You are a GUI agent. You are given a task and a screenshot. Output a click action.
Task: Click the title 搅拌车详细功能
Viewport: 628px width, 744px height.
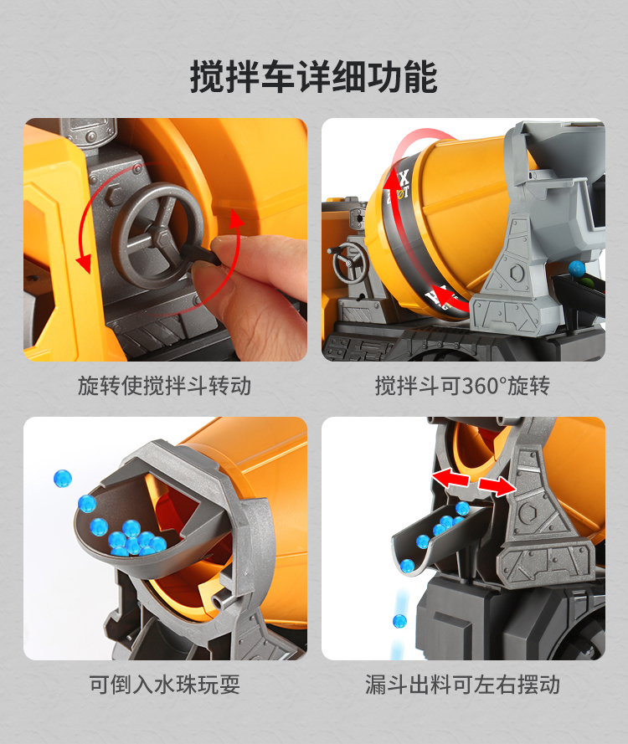point(314,76)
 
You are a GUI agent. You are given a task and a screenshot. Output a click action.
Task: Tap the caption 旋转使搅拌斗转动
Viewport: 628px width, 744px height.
point(165,386)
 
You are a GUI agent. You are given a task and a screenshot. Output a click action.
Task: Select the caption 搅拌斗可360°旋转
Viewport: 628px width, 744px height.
point(462,386)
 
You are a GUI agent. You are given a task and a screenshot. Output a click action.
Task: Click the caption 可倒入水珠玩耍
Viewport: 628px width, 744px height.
point(165,685)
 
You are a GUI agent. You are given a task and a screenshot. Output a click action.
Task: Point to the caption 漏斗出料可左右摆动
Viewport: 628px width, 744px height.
point(462,685)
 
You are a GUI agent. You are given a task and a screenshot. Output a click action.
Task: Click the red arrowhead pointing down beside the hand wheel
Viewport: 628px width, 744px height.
point(84,264)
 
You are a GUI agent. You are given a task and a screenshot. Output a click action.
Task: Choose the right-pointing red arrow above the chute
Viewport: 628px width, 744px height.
point(497,486)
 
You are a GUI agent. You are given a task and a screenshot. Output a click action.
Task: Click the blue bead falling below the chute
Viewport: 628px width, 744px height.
point(399,621)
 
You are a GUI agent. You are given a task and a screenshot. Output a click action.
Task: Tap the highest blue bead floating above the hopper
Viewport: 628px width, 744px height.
point(62,479)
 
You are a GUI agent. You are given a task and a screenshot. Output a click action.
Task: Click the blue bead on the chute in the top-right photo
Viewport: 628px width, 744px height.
point(577,269)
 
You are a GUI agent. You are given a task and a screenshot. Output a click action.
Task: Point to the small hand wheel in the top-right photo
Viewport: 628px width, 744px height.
point(350,263)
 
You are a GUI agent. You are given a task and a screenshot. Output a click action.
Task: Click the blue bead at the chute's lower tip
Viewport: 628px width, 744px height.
point(407,566)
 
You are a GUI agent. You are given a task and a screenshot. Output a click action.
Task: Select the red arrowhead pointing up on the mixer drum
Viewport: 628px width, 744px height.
point(392,182)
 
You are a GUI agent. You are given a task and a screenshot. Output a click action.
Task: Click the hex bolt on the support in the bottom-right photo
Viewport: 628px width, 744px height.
point(528,512)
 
